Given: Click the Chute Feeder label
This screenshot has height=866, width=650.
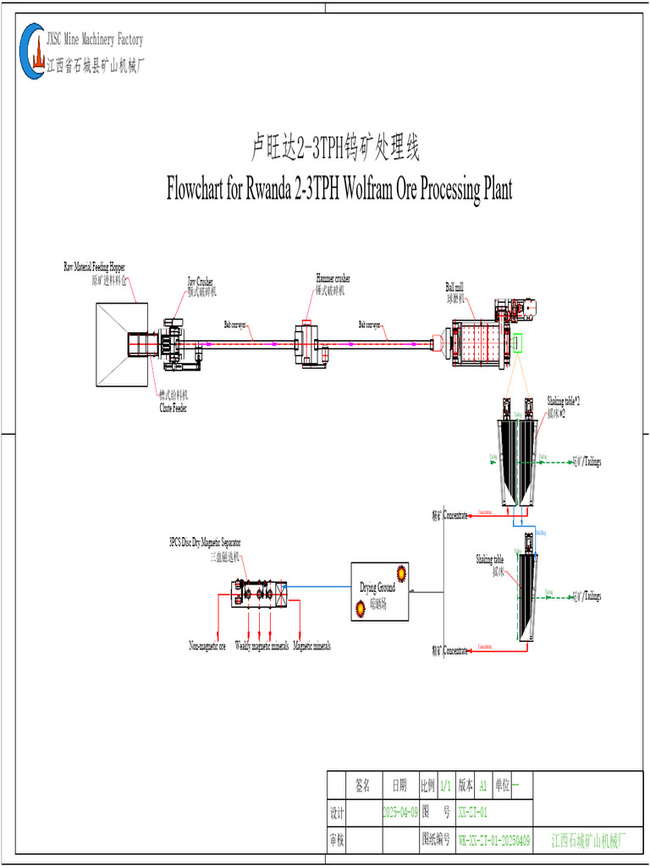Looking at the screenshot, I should pos(174,408).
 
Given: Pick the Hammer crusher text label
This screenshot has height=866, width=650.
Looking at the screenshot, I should pos(333,277).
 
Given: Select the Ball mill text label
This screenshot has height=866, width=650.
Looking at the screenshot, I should pos(454,287).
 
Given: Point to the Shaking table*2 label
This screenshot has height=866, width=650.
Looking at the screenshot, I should pos(563,400).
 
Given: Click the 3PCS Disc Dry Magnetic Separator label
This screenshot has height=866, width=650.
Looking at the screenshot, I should pos(205,542).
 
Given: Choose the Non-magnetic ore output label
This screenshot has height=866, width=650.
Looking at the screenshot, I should pos(207,646).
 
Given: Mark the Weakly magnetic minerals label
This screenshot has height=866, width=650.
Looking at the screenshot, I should pos(262,646).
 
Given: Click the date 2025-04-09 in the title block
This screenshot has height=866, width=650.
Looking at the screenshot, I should pos(400,813).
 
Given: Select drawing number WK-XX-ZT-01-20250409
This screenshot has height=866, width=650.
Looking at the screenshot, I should pos(494,841).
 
